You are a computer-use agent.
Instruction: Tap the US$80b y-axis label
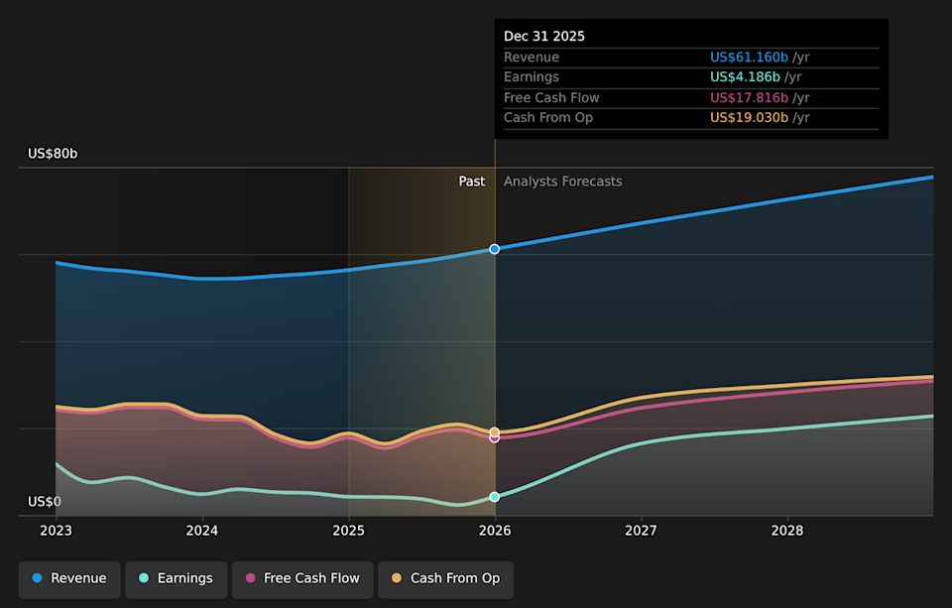[53, 154]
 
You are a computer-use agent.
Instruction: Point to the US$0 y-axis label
[45, 502]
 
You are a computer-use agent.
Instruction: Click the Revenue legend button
[69, 578]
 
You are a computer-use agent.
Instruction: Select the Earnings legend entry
[176, 578]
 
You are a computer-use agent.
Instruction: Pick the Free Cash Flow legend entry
[302, 578]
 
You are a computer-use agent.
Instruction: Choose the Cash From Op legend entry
[445, 578]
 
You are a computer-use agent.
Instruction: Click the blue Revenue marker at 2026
[495, 249]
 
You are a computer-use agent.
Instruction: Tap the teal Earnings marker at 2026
[495, 497]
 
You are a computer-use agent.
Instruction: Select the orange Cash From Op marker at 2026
[495, 432]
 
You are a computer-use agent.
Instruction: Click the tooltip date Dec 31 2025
[544, 36]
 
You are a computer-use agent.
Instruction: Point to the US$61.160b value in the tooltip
[749, 58]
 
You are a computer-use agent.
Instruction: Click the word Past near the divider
[472, 182]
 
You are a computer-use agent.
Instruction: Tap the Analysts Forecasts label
[563, 182]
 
